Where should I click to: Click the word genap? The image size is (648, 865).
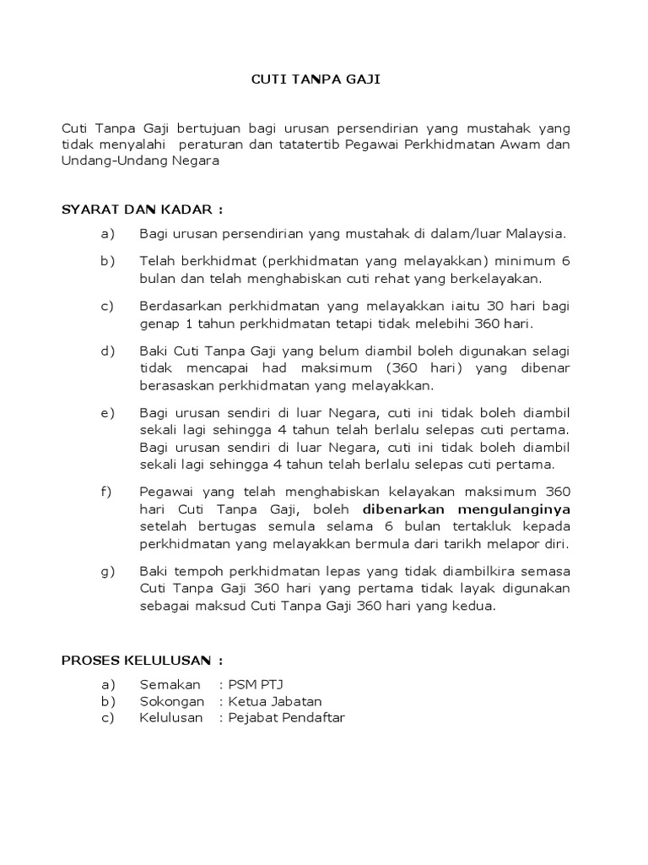click(x=158, y=324)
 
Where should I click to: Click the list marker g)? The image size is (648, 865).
click(x=107, y=572)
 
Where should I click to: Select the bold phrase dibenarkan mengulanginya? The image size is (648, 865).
click(x=467, y=509)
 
